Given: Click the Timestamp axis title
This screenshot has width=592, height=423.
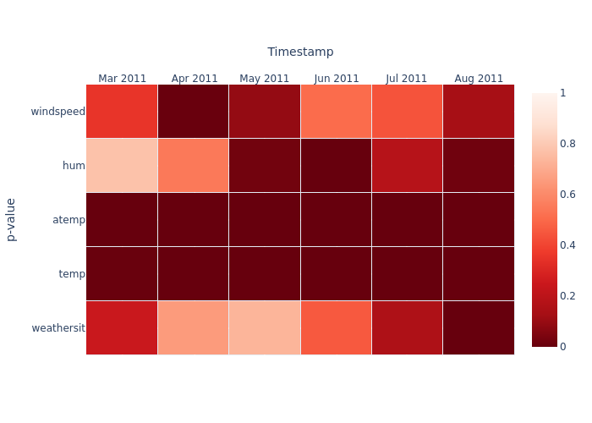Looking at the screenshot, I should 300,52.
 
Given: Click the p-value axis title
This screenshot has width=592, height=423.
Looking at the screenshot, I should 11,219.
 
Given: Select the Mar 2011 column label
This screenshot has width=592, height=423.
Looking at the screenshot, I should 122,79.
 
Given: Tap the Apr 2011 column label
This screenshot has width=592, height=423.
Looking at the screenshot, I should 194,79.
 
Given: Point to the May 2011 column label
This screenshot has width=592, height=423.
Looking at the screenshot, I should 264,79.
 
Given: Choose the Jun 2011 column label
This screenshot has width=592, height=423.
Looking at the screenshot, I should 336,79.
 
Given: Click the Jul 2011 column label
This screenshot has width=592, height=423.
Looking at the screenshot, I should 407,79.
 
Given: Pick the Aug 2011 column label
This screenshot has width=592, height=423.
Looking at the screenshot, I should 478,79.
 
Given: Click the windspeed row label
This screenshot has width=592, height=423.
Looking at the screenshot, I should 58,112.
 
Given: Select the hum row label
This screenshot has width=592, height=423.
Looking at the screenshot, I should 74,166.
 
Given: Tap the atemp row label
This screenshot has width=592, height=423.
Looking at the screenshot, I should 69,220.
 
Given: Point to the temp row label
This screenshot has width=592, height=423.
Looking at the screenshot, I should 72,274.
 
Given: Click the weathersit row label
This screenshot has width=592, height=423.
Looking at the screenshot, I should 58,328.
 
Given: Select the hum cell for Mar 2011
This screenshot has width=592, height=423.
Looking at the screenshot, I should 122,166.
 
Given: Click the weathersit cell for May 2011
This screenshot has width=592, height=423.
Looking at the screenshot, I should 264,328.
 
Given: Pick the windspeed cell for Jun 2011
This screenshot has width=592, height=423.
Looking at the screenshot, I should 336,112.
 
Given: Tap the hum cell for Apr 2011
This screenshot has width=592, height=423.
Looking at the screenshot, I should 194,166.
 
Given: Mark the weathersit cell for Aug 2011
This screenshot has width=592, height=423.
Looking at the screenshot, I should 478,328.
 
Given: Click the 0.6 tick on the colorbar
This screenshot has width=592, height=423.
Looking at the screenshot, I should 567,195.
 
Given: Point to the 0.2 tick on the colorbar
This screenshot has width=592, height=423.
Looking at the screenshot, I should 567,296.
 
